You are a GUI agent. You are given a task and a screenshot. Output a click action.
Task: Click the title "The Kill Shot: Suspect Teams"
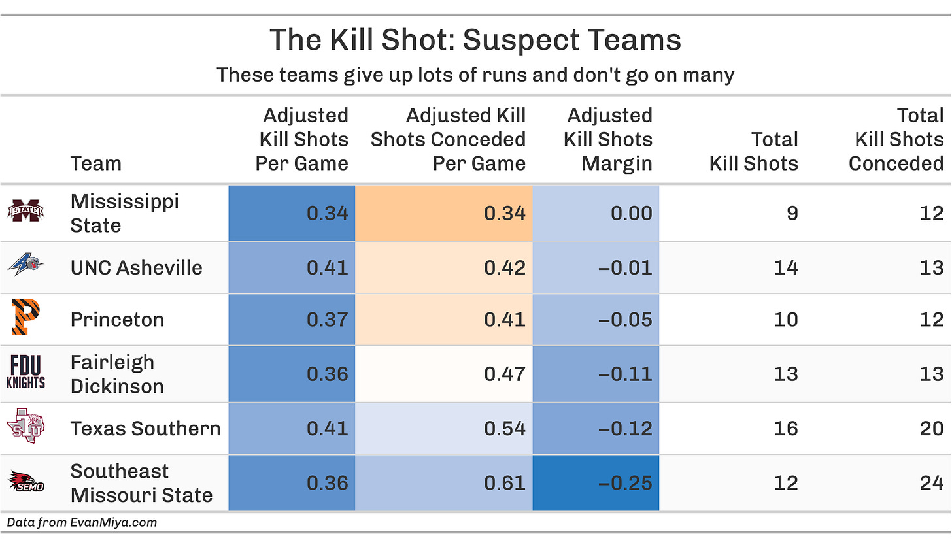pos(475,41)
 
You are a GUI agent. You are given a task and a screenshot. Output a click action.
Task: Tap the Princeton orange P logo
pos(25,319)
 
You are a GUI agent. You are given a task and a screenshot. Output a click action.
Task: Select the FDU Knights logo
pos(25,373)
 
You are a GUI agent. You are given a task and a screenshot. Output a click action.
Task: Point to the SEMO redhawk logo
pos(25,482)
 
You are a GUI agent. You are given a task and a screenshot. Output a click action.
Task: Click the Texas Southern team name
pos(145,428)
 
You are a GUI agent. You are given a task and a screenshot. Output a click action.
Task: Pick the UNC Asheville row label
pos(136,267)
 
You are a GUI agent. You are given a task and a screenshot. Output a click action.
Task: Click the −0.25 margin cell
pos(596,482)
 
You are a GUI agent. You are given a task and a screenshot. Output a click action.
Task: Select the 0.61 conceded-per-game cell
pos(444,482)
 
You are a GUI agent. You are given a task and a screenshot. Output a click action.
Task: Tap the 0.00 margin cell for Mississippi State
pos(596,213)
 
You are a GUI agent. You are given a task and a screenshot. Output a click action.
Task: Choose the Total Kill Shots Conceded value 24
pos(931,482)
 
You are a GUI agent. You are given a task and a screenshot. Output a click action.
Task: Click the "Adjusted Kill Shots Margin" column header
pos(609,139)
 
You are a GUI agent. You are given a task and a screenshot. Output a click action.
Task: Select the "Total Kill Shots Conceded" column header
pos(898,139)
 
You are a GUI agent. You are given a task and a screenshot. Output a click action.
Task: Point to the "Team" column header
pos(95,163)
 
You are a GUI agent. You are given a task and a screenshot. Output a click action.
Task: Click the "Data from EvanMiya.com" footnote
pos(82,522)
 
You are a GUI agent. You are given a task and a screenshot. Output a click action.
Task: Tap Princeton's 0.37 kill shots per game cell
pos(292,319)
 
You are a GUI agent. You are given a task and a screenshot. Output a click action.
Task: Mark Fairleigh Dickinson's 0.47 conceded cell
pos(444,373)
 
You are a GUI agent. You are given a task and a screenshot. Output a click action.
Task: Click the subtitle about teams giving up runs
pos(475,75)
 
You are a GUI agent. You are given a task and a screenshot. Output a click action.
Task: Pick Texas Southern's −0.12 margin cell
pos(596,428)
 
